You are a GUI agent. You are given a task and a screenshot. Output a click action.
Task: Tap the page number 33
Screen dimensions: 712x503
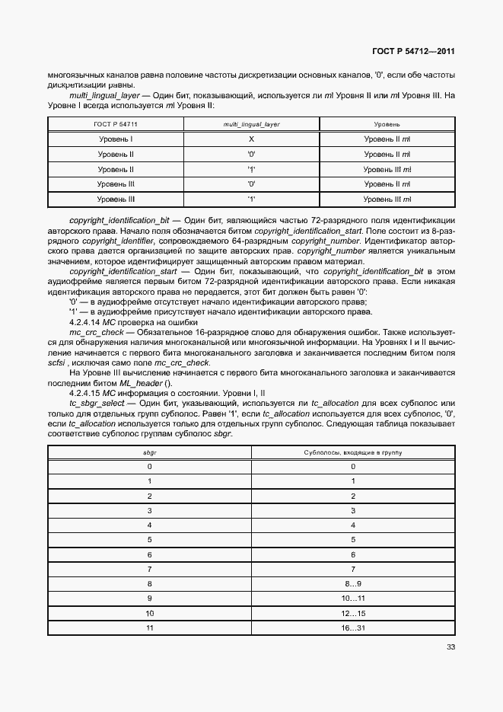pyautogui.click(x=450, y=648)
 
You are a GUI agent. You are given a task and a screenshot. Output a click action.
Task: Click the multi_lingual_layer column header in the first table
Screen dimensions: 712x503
pyautogui.click(x=251, y=123)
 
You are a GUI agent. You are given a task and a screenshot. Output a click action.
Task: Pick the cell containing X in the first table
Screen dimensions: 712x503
pyautogui.click(x=250, y=139)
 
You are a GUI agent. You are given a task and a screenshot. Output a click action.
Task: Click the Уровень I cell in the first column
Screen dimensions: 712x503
pyautogui.click(x=116, y=139)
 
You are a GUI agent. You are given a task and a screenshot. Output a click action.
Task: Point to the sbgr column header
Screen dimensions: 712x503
pyautogui.click(x=150, y=452)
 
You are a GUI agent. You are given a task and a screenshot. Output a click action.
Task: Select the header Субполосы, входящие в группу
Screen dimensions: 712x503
pyautogui.click(x=353, y=452)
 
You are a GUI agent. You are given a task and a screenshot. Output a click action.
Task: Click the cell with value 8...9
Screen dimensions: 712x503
pyautogui.click(x=353, y=583)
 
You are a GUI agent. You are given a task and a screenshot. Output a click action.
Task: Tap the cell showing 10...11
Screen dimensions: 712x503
pyautogui.click(x=353, y=598)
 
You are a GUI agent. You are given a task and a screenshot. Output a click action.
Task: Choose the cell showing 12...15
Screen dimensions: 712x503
pyautogui.click(x=353, y=612)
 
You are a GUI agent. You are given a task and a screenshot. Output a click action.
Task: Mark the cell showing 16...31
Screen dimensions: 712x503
pyautogui.click(x=353, y=627)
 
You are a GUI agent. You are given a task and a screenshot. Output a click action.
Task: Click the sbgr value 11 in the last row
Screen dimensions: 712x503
pyautogui.click(x=150, y=627)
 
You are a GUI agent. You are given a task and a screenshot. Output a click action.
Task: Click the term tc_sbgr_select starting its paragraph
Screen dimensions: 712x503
pyautogui.click(x=94, y=401)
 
